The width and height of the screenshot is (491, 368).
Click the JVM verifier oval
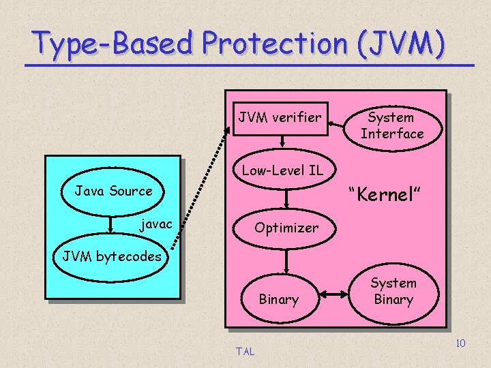(x=280, y=118)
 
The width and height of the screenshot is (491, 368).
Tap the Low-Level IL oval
(x=282, y=170)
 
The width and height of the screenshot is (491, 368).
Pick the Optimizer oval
(x=286, y=228)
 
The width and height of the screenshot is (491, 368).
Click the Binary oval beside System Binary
(x=278, y=299)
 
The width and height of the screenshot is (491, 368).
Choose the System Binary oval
(x=393, y=292)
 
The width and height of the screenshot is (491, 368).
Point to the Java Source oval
(x=114, y=191)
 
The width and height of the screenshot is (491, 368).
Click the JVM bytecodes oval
(x=112, y=257)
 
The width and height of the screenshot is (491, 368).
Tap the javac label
(x=156, y=224)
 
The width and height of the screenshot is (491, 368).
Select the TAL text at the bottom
(x=245, y=352)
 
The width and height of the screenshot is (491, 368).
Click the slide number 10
(x=460, y=343)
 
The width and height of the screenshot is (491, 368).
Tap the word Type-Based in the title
(x=113, y=44)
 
